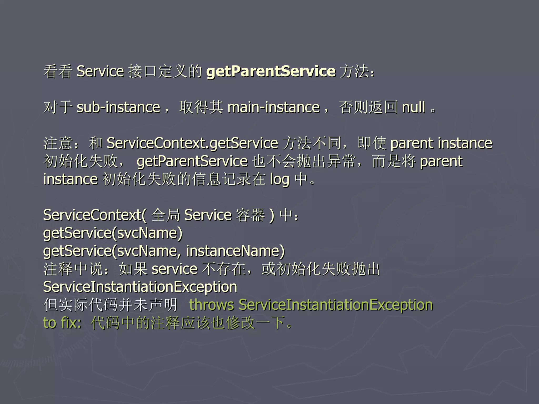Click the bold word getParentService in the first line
coord(271,71)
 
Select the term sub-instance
coord(118,107)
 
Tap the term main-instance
coord(273,107)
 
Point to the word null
coord(414,107)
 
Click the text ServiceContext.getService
coord(192,143)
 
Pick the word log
coord(280,179)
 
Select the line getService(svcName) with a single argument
coord(113,233)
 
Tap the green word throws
coord(211,305)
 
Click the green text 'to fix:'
coord(62,323)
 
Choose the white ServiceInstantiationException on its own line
coord(140,287)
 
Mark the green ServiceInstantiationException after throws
coord(336,305)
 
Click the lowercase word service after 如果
coord(174,269)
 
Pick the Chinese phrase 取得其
coord(201,107)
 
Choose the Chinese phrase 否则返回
coord(368,107)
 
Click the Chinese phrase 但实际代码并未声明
coord(110,305)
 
